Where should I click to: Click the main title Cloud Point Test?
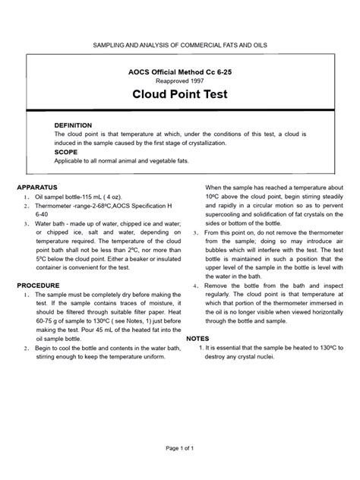pyautogui.click(x=179, y=95)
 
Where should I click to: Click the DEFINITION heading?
pyautogui.click(x=73, y=125)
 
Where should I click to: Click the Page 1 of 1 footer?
pyautogui.click(x=180, y=448)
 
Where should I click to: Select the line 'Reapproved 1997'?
pyautogui.click(x=180, y=78)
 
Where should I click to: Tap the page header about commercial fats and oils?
pyautogui.click(x=180, y=46)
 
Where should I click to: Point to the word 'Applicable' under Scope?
pyautogui.click(x=70, y=160)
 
